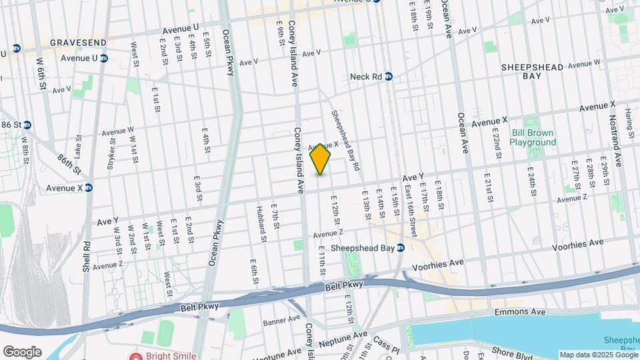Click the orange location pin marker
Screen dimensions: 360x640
tap(321, 159)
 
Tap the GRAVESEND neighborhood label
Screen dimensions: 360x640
tap(79, 43)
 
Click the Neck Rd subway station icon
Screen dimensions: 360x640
tap(388, 77)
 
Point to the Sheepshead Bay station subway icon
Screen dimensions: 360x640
tap(401, 248)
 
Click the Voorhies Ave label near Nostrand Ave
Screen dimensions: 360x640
tap(577, 246)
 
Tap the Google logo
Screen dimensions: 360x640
tap(21, 351)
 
